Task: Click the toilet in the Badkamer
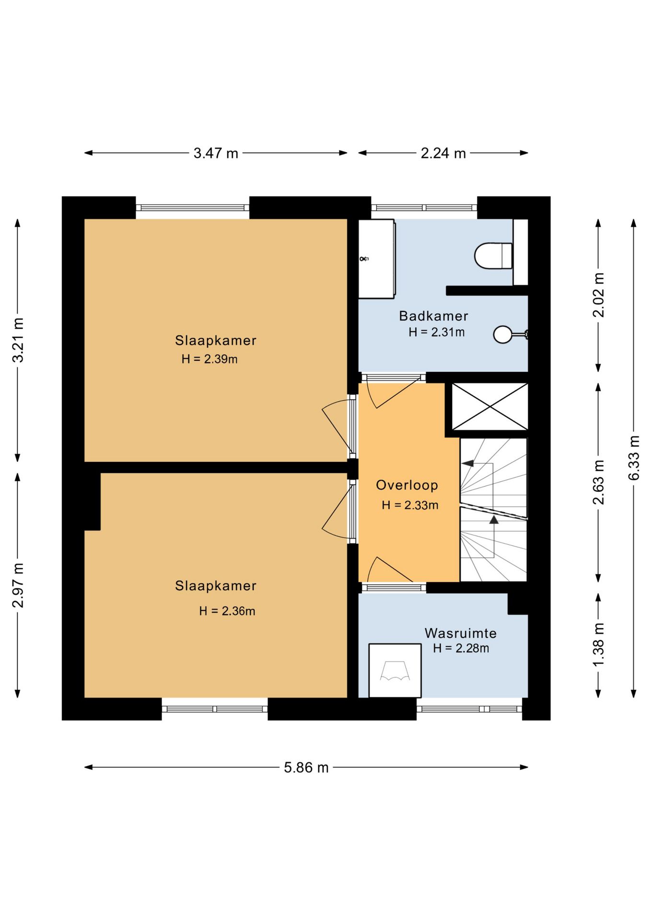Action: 493,256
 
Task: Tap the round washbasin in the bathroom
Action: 503,334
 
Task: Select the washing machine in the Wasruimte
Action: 395,670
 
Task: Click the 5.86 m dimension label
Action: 306,768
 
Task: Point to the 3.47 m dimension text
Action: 216,153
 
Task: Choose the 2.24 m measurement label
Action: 443,153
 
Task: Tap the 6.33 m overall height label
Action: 634,458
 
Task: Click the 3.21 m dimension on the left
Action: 18,340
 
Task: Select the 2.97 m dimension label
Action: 18,585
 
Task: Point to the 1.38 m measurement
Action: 598,644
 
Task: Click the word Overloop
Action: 407,485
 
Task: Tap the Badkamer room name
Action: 433,316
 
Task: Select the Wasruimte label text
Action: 460,633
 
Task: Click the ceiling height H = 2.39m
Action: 209,359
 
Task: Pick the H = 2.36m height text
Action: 227,611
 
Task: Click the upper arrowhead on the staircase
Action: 467,463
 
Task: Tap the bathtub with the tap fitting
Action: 377,259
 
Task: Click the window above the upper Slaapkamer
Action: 193,207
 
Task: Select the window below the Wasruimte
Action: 469,709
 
